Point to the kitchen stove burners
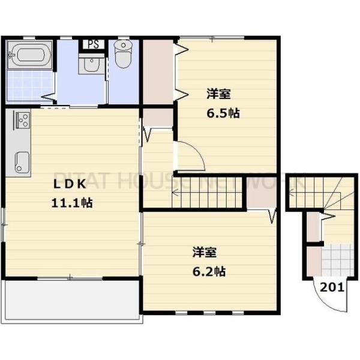click(22, 120)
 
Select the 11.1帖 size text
click(71, 202)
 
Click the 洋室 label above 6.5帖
click(220, 94)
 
